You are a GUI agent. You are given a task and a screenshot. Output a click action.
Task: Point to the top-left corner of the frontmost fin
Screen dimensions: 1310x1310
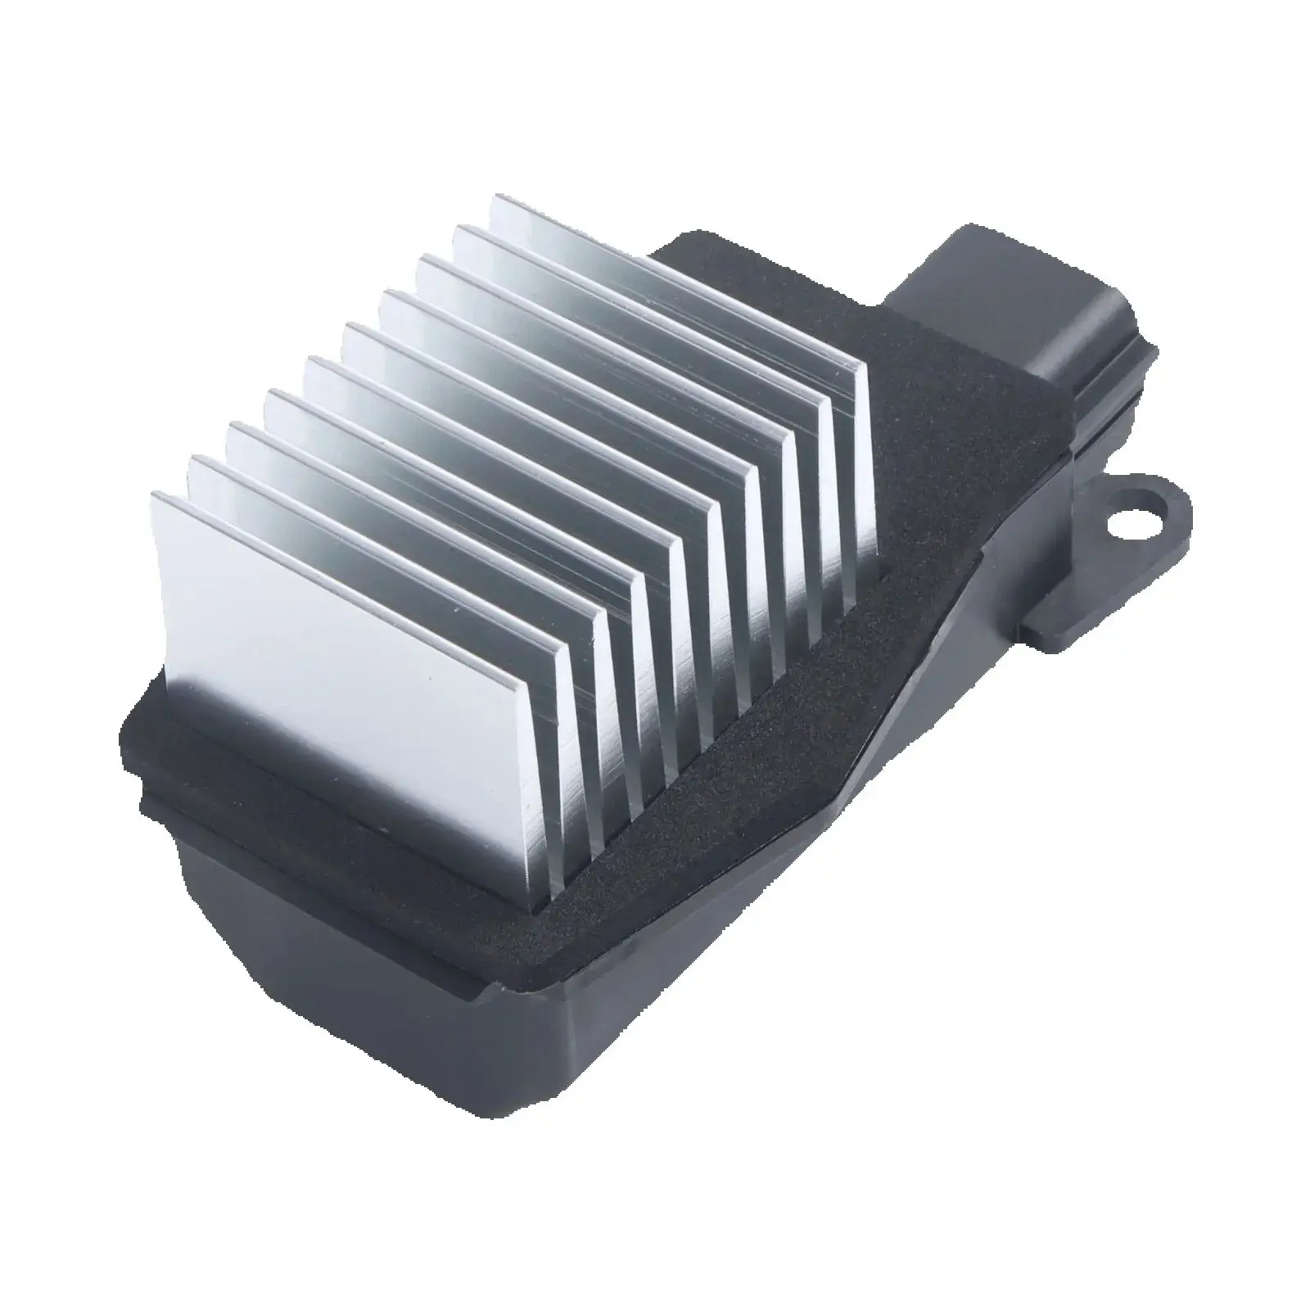(153, 495)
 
